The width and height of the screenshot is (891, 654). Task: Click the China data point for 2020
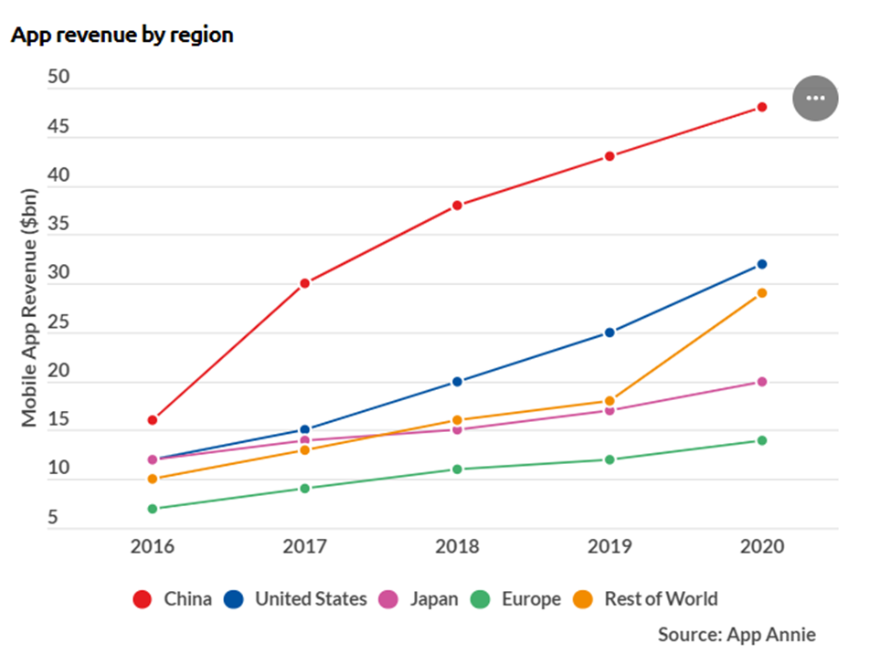pyautogui.click(x=761, y=108)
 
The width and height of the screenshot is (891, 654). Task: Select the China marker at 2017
pyautogui.click(x=304, y=283)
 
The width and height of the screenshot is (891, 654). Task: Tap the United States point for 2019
pyautogui.click(x=609, y=332)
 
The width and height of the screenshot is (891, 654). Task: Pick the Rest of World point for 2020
pyautogui.click(x=761, y=293)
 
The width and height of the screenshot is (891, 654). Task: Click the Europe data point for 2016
pyautogui.click(x=153, y=509)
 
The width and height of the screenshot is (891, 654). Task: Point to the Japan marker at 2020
pyautogui.click(x=761, y=382)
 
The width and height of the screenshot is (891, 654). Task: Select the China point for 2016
pyautogui.click(x=153, y=420)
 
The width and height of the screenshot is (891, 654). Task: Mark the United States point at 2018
pyautogui.click(x=457, y=382)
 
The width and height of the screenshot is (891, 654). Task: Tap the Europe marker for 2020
pyautogui.click(x=761, y=440)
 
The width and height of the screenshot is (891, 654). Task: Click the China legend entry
pyautogui.click(x=174, y=599)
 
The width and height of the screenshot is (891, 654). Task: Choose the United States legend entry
pyautogui.click(x=297, y=599)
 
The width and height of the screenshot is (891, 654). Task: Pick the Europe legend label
pyautogui.click(x=531, y=599)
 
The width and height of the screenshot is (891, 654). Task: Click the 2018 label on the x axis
pyautogui.click(x=457, y=548)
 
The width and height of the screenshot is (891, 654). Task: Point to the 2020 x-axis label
pyautogui.click(x=761, y=548)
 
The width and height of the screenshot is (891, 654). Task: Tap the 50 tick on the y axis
pyautogui.click(x=58, y=79)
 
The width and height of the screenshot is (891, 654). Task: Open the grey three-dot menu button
pyautogui.click(x=815, y=98)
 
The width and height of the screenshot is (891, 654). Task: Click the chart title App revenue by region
pyautogui.click(x=122, y=35)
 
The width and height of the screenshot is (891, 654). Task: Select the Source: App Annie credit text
pyautogui.click(x=737, y=634)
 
